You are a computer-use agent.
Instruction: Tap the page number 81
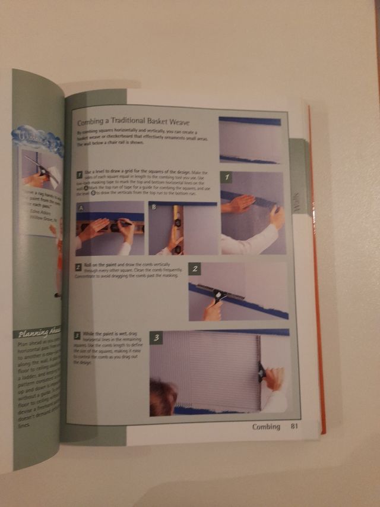(294, 426)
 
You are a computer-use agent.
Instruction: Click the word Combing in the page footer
(266, 426)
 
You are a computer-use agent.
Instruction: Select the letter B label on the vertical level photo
(154, 207)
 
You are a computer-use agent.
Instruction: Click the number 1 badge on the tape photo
(226, 177)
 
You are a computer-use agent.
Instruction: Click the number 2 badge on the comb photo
(195, 269)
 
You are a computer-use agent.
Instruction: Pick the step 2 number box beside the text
(78, 267)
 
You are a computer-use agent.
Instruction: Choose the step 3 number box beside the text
(77, 336)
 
